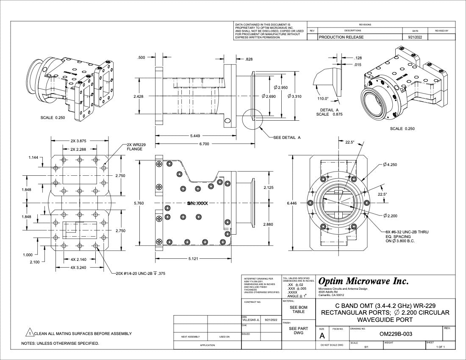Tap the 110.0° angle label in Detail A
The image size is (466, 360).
(323, 99)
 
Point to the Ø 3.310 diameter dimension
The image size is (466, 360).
(294, 97)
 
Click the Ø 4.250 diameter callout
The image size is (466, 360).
(389, 164)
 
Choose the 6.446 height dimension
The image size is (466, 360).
(292, 203)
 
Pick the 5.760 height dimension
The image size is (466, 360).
(139, 203)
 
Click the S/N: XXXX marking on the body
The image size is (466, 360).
(197, 203)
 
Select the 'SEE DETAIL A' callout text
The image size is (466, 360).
(287, 138)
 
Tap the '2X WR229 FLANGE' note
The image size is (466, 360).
(136, 147)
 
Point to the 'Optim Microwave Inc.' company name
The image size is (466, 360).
(363, 281)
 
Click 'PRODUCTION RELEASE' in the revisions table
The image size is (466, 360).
(341, 37)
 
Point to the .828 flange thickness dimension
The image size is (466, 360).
(249, 59)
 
